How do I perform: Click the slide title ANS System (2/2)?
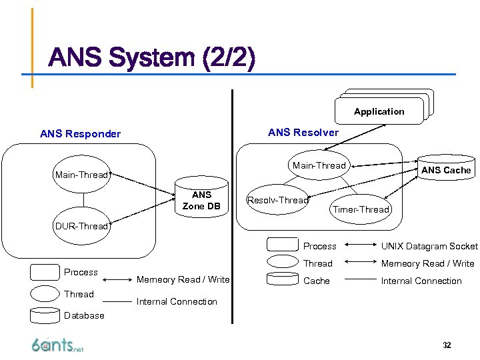(151, 59)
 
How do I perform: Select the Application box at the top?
(379, 111)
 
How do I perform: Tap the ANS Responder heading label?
(81, 134)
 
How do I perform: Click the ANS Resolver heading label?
(303, 132)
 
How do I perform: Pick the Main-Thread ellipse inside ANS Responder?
(81, 175)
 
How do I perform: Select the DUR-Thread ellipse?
(81, 226)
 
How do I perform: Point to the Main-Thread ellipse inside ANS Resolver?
(319, 165)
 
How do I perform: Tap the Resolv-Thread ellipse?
(278, 200)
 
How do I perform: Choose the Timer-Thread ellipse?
(361, 209)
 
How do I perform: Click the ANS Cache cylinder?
(446, 170)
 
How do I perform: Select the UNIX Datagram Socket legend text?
(429, 246)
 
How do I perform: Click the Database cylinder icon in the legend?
(45, 315)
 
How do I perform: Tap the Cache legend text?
(317, 281)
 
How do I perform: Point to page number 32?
(447, 345)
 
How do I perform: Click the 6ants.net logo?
(57, 344)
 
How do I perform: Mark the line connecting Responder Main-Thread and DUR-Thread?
(83, 200)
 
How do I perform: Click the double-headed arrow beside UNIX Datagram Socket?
(359, 246)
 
